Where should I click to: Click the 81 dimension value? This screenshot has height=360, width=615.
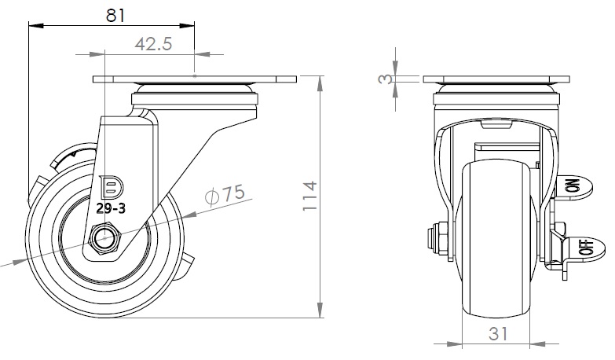[115, 16]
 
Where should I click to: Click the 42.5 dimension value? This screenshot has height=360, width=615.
[153, 44]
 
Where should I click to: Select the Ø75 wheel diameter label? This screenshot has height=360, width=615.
[225, 194]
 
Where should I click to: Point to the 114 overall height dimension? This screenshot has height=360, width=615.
[309, 196]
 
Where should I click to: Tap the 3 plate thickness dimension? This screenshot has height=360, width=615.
[385, 79]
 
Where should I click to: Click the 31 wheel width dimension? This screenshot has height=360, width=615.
[498, 334]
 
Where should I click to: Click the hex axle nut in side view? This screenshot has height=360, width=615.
[105, 238]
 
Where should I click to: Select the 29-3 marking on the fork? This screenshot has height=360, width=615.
[111, 208]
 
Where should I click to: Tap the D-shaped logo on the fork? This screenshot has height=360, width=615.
[112, 187]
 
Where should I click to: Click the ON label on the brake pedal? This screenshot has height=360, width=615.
[573, 186]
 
